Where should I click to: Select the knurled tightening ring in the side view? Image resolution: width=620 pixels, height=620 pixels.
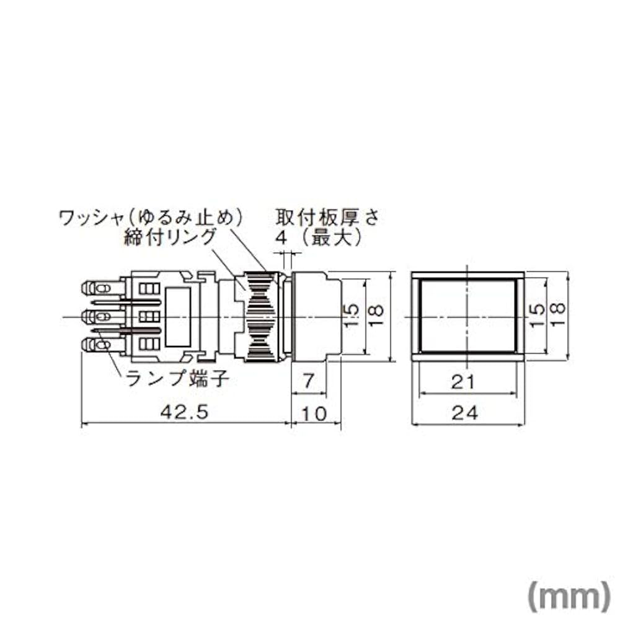(x=260, y=316)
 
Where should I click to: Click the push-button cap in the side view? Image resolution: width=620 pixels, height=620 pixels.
(x=316, y=316)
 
